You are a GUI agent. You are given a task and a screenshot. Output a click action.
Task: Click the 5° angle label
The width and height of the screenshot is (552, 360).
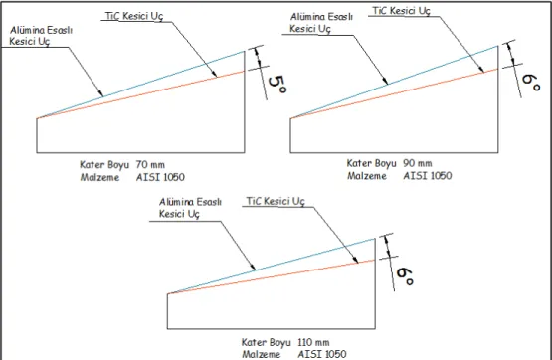(x=277, y=85)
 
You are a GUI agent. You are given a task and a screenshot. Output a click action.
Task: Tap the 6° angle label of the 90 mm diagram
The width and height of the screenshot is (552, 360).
(x=531, y=82)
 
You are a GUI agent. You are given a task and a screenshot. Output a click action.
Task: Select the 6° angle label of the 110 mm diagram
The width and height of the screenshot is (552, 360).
(x=405, y=275)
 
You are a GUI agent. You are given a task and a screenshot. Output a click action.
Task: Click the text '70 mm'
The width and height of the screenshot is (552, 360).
(x=150, y=165)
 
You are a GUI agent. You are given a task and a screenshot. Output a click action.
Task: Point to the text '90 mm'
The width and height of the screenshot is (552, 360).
(x=417, y=163)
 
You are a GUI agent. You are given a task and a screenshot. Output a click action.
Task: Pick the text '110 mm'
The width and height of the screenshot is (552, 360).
(x=313, y=342)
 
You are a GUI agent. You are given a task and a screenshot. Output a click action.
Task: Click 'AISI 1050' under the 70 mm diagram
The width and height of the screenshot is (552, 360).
(x=160, y=177)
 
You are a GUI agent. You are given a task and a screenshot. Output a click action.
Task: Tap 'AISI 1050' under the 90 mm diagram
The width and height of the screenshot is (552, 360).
(x=428, y=175)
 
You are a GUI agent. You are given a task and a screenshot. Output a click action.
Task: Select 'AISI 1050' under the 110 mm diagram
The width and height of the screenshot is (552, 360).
(x=322, y=354)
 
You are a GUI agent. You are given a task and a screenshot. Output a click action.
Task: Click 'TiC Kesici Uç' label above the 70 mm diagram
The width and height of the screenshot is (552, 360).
(x=134, y=17)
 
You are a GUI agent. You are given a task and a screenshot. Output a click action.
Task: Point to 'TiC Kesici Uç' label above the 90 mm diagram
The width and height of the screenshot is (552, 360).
(x=402, y=11)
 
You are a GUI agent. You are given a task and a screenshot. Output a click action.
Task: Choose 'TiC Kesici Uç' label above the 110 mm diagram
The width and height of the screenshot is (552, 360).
(x=276, y=202)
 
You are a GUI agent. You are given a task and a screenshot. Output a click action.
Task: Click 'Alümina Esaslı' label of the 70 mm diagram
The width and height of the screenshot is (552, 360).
(x=41, y=30)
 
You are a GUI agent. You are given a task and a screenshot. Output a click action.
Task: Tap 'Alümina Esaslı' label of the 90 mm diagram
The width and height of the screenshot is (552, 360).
(x=321, y=17)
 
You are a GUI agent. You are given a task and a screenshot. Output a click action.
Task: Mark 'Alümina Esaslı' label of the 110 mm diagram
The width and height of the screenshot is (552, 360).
(x=190, y=202)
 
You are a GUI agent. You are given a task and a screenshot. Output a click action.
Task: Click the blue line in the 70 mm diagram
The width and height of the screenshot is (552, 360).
(x=140, y=85)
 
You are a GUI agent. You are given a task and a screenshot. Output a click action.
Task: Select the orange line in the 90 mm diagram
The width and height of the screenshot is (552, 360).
(x=394, y=93)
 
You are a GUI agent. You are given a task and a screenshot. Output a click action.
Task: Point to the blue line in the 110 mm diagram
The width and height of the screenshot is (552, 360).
(x=272, y=267)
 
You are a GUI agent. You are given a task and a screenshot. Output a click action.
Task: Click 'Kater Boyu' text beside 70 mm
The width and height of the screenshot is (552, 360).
(x=104, y=165)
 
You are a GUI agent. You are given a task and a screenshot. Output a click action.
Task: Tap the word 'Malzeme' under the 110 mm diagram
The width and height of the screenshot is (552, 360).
(x=261, y=354)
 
